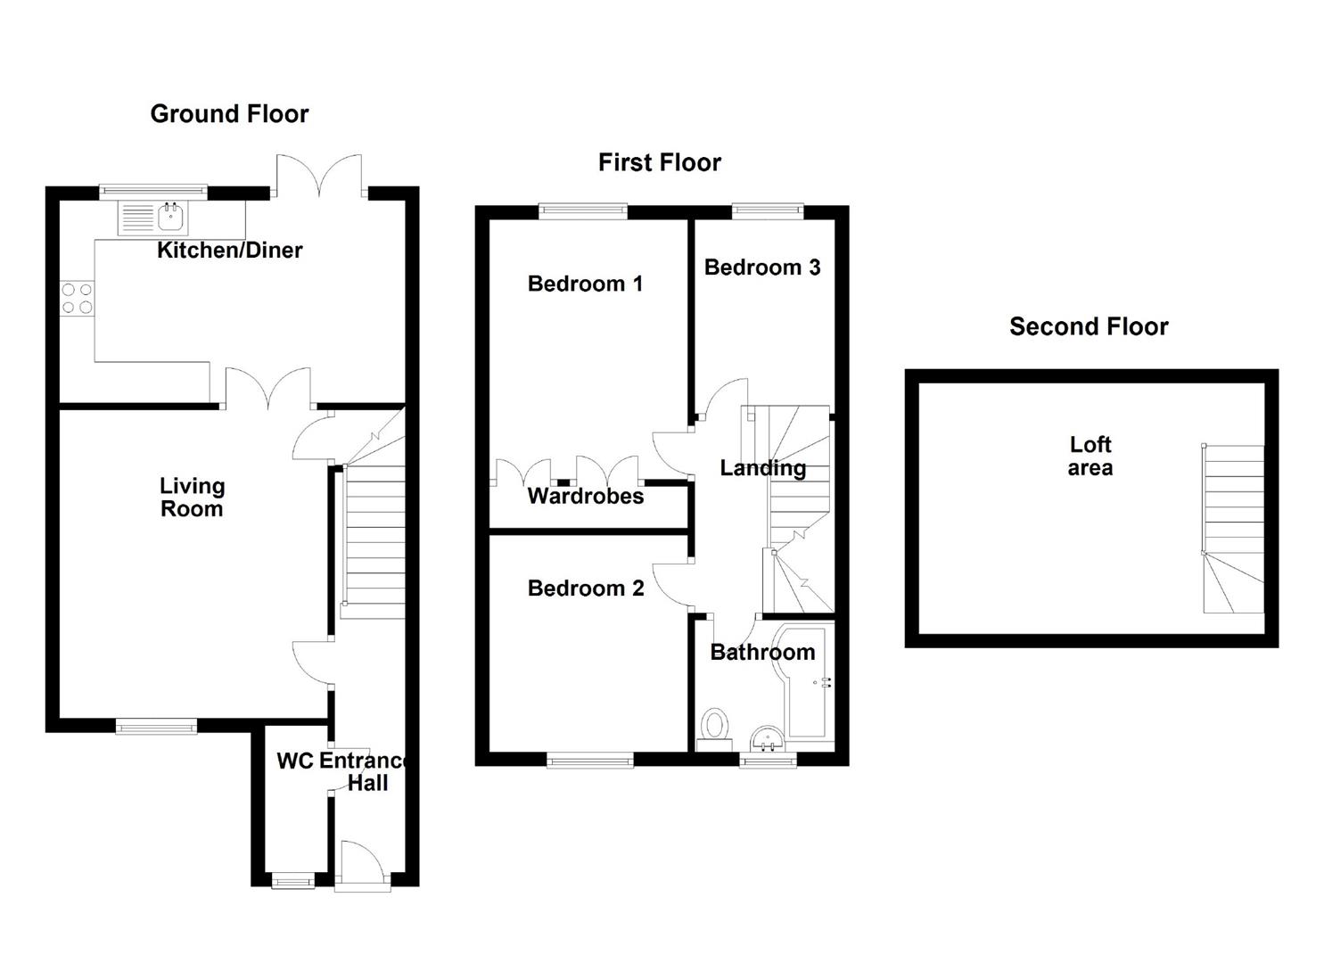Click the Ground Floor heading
coord(229,114)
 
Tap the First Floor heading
coord(659,162)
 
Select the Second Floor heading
coord(1089,326)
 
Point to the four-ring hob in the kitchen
coord(77,298)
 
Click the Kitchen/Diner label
coord(230,251)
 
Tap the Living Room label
coord(192,498)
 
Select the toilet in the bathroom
coord(714,726)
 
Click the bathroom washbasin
coord(767,738)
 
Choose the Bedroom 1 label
coord(585,284)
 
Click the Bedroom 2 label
coord(585,588)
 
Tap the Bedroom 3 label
coord(761,267)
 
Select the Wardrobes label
coord(585,497)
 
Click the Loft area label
coord(1090,456)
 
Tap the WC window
coord(293,882)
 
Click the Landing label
coord(762,468)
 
